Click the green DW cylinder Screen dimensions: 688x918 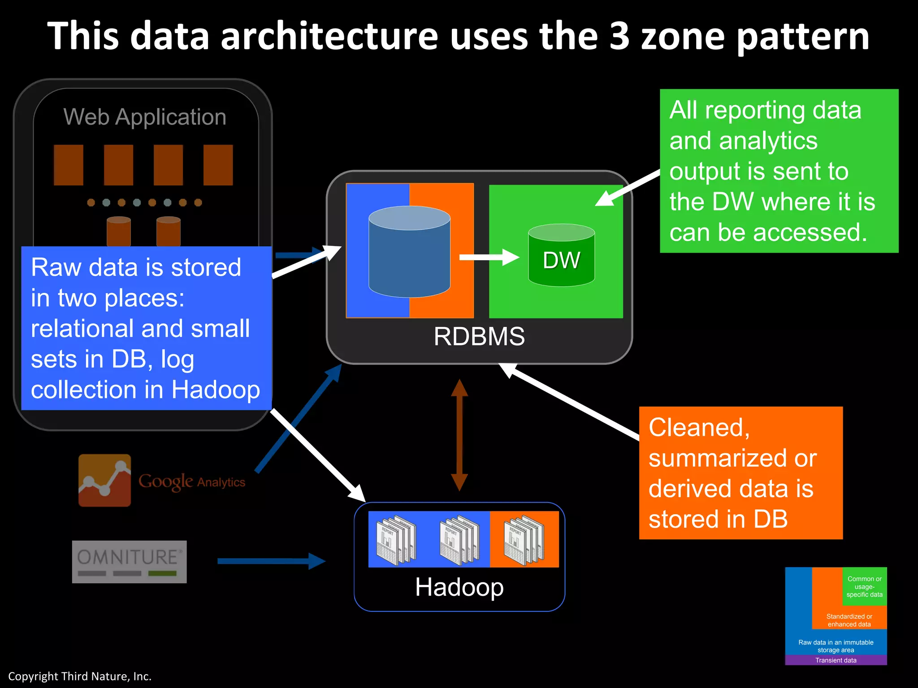coord(561,255)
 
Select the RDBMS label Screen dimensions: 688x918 coord(479,336)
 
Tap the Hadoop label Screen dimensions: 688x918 coord(459,587)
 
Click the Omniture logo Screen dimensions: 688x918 coord(129,562)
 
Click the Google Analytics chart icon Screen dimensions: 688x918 coord(104,481)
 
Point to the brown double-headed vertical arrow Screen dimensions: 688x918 coord(459,435)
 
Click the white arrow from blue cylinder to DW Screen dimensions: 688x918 coord(489,257)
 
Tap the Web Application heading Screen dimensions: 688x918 coord(145,117)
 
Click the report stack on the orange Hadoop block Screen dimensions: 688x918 coord(524,540)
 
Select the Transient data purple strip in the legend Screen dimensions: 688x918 coord(836,660)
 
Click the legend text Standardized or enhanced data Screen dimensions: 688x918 coord(849,620)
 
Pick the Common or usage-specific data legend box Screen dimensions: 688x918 coord(864,586)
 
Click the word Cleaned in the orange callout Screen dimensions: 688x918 coord(699,427)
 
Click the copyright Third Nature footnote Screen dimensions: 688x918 coord(80,676)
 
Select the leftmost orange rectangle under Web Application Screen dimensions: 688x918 coord(69,165)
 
